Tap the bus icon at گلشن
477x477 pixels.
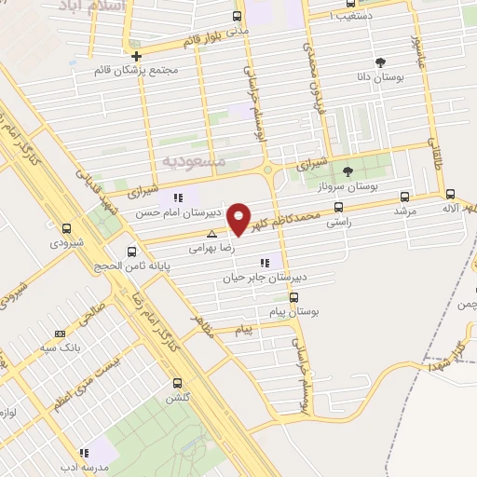pyautogui.click(x=177, y=383)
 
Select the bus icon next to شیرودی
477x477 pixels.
pyautogui.click(x=66, y=227)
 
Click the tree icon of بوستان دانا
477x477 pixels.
pyautogui.click(x=380, y=62)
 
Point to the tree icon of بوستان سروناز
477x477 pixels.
pyautogui.click(x=348, y=170)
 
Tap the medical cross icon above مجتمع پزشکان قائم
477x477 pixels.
pyautogui.click(x=136, y=55)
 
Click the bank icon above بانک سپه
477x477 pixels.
pyautogui.click(x=61, y=334)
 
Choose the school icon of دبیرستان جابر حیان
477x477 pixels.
pyautogui.click(x=265, y=263)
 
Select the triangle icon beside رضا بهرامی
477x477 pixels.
pyautogui.click(x=212, y=234)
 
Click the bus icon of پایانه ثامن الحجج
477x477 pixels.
pyautogui.click(x=131, y=251)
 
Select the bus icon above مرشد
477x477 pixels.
pyautogui.click(x=404, y=196)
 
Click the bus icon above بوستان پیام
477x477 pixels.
pyautogui.click(x=293, y=298)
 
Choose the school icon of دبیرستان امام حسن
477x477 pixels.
pyautogui.click(x=179, y=198)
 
